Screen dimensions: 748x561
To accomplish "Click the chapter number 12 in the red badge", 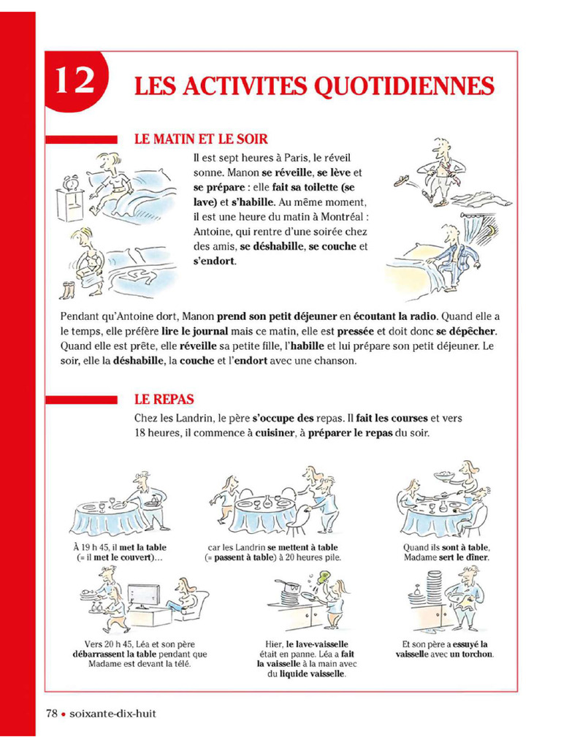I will point(74,81).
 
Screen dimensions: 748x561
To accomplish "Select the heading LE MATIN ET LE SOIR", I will point(201,139).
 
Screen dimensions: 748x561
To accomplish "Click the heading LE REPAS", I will point(164,400).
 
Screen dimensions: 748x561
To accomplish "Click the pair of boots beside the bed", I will point(69,290).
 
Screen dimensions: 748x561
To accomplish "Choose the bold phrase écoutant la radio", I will point(394,316).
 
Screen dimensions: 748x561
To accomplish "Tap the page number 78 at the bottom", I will point(52,713).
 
